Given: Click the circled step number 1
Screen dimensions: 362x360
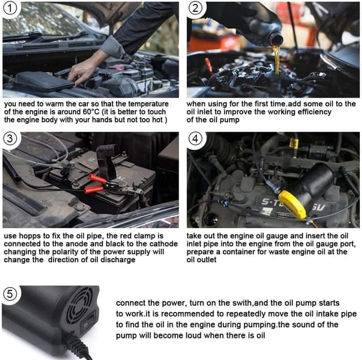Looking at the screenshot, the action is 10,8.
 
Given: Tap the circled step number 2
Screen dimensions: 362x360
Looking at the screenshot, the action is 195,8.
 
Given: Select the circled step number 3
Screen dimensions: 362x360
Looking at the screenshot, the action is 10,138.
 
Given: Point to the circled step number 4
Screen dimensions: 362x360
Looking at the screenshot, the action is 195,138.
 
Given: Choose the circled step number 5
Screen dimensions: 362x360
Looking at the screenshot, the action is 10,294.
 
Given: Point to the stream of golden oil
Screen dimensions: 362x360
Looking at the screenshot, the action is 277,59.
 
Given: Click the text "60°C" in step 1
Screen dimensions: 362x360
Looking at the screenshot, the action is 91,112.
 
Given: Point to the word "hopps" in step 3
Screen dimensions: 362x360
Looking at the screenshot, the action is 31,236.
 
